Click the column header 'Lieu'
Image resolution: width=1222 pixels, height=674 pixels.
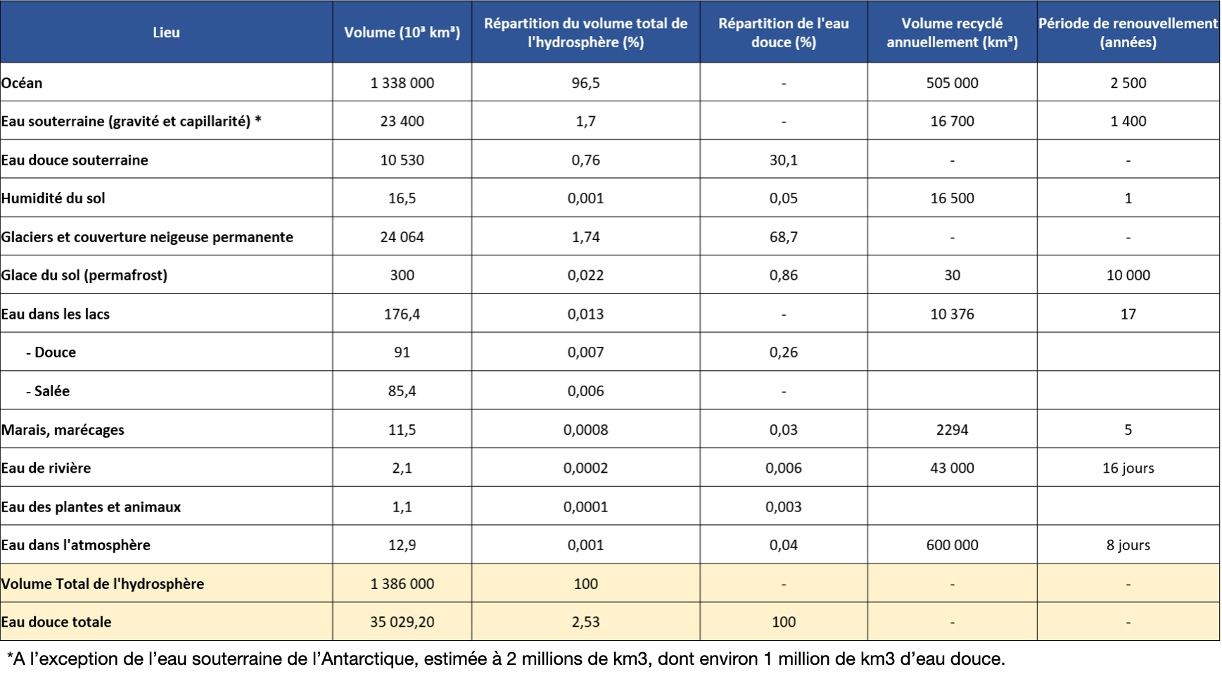coord(166,32)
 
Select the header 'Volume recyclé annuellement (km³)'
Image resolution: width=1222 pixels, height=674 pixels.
coord(952,32)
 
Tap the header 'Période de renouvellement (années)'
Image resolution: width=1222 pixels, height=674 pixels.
coord(1128,32)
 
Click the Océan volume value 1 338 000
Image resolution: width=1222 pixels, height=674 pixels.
coord(402,83)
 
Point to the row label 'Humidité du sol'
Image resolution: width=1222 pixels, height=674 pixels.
coord(53,198)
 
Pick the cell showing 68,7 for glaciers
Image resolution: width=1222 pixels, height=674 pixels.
coord(783,237)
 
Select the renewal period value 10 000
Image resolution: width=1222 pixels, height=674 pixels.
coord(1128,275)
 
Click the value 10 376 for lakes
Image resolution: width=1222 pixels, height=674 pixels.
coord(952,314)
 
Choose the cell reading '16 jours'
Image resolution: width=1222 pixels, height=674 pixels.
coord(1128,468)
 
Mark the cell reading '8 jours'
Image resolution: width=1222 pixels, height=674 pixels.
coord(1128,545)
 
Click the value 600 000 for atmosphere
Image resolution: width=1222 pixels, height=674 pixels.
coord(952,545)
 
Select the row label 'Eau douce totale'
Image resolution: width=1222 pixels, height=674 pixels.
coord(56,622)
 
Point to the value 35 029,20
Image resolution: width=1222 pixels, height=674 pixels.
coord(402,622)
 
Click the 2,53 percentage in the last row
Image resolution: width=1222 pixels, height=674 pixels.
coord(585,622)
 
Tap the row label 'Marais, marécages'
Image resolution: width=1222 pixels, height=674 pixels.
coord(63,430)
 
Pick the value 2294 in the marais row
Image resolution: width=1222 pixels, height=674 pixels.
coord(952,430)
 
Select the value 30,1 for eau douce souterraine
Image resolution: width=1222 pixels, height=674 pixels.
coord(783,160)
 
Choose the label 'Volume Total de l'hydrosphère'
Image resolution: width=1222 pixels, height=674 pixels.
coord(103,584)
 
